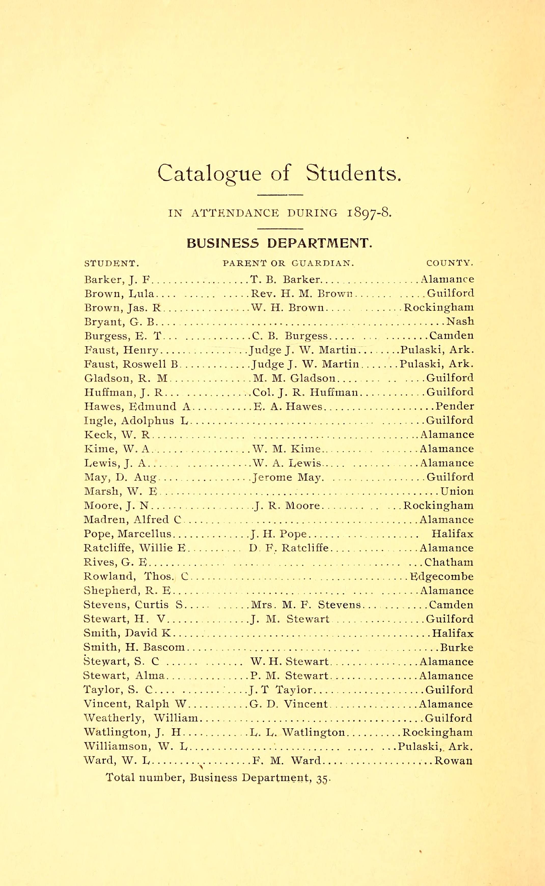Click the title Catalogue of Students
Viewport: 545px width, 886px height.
coord(279,173)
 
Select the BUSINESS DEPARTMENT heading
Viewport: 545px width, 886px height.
coord(279,243)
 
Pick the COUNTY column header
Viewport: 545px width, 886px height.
coord(450,263)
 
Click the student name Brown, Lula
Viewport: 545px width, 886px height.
coord(119,294)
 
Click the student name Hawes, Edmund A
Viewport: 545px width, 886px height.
coord(137,406)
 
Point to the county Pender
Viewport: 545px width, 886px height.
coord(455,406)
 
